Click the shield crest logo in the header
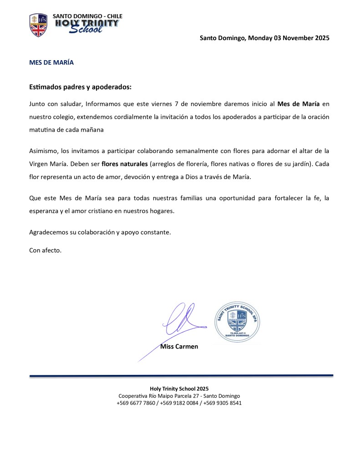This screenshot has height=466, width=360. point(38,25)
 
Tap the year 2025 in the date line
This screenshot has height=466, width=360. point(319,38)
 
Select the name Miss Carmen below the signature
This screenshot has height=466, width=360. point(179,347)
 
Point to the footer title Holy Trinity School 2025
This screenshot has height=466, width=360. point(179,389)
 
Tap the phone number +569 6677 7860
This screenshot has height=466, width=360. point(136,403)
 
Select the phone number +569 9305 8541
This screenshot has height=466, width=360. point(223,403)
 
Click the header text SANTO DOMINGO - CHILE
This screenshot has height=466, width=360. point(87,16)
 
